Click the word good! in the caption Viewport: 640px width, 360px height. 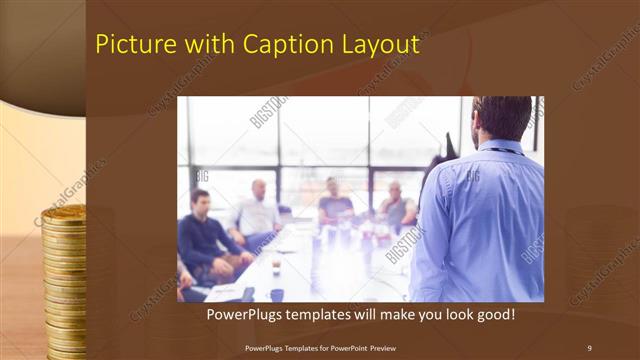pyautogui.click(x=493, y=315)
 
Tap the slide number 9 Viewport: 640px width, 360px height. pyautogui.click(x=589, y=347)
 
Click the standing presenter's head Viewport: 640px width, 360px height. pyautogui.click(x=502, y=118)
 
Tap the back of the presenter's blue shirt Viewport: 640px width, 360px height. pyautogui.click(x=485, y=220)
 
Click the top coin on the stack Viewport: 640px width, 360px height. pyautogui.click(x=63, y=212)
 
